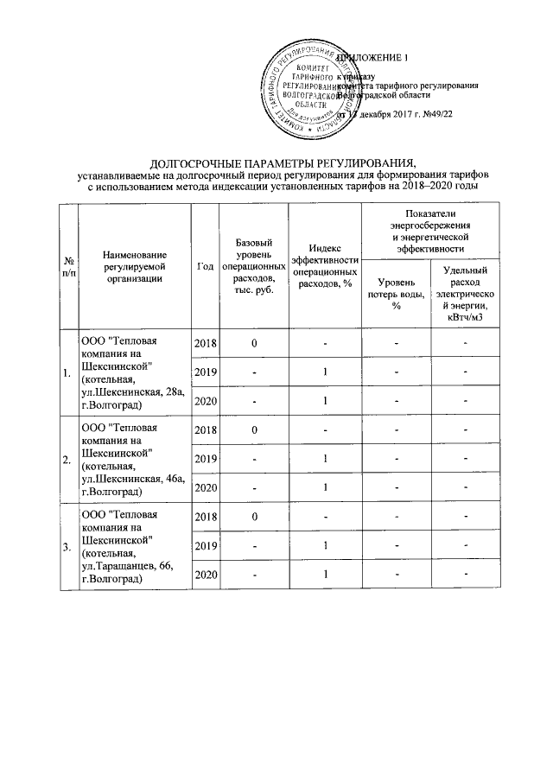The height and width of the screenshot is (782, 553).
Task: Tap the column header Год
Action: [205, 265]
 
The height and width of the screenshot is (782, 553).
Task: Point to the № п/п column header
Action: [67, 265]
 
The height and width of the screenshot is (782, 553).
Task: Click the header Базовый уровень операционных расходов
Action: [254, 265]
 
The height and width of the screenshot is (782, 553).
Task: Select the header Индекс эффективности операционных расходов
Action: [324, 265]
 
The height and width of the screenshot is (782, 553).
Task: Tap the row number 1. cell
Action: [67, 373]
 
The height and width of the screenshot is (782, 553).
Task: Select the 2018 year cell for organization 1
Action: [205, 344]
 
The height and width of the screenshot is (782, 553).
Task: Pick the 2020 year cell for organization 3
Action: [205, 575]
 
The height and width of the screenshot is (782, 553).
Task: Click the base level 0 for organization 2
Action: [254, 430]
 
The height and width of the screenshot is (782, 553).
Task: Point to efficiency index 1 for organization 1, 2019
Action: [324, 372]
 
